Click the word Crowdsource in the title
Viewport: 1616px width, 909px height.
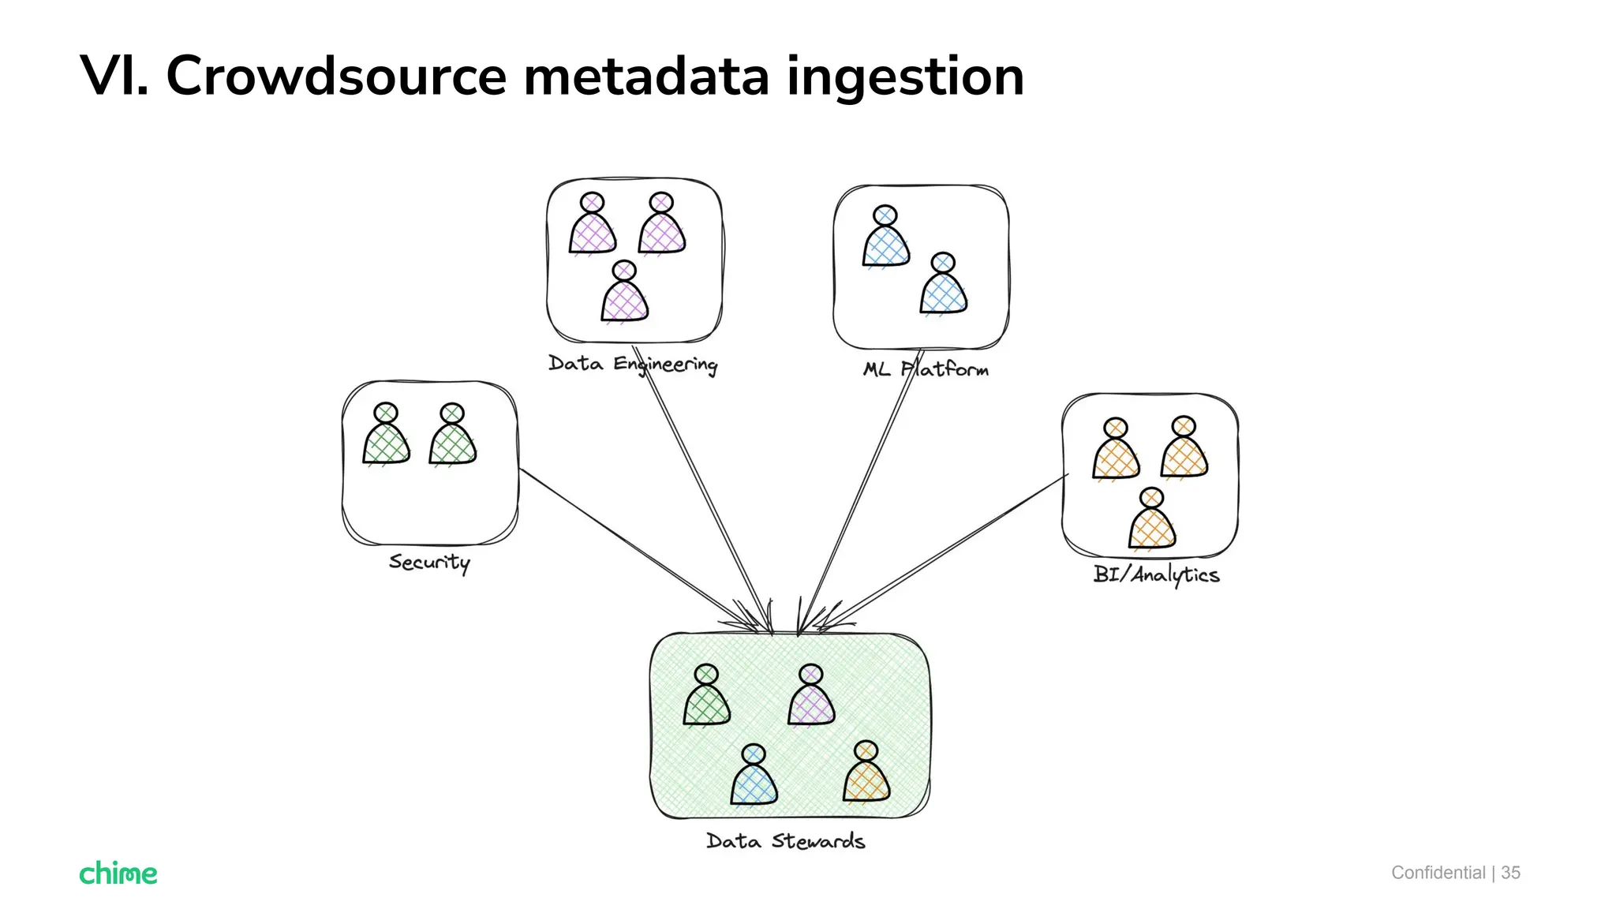pyautogui.click(x=335, y=77)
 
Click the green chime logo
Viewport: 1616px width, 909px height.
pyautogui.click(x=118, y=873)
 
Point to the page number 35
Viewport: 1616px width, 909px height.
pyautogui.click(x=1510, y=873)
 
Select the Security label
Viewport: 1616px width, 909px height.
pyautogui.click(x=429, y=562)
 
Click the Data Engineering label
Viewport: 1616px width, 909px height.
pyautogui.click(x=633, y=364)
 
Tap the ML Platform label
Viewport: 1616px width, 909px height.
pyautogui.click(x=925, y=369)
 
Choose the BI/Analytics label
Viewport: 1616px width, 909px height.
pyautogui.click(x=1156, y=574)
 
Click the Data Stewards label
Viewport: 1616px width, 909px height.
pyautogui.click(x=785, y=841)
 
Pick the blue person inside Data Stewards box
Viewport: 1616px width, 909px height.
pyautogui.click(x=754, y=776)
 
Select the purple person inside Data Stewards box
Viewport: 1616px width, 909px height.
pyautogui.click(x=811, y=697)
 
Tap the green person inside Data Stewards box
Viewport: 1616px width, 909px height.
pyautogui.click(x=706, y=697)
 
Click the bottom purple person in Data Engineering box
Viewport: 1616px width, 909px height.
pyautogui.click(x=625, y=294)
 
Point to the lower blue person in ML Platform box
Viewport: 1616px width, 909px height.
pyautogui.click(x=944, y=286)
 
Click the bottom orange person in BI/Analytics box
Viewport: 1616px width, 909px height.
pyautogui.click(x=1152, y=521)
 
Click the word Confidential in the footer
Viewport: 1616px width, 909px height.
pyautogui.click(x=1438, y=873)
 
